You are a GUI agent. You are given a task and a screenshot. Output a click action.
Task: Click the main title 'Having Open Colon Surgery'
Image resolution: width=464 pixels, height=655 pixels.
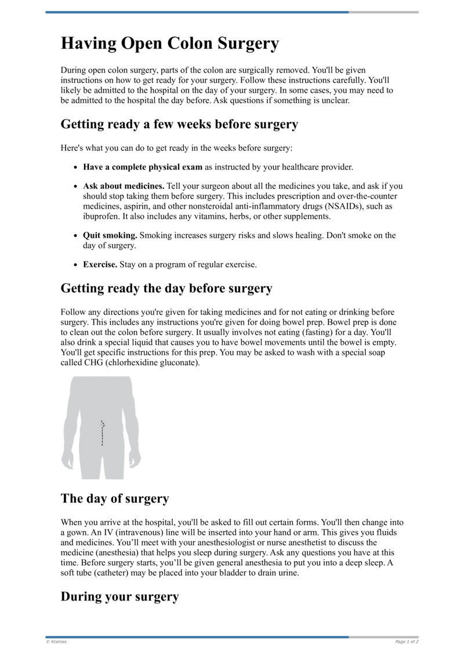pyautogui.click(x=170, y=43)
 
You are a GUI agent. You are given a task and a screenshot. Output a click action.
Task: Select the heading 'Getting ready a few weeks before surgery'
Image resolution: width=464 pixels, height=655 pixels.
pyautogui.click(x=179, y=124)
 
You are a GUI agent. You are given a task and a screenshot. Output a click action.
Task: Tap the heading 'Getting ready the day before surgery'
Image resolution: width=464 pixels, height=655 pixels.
pyautogui.click(x=166, y=288)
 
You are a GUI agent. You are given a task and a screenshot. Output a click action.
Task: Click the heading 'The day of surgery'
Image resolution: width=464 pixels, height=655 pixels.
pyautogui.click(x=115, y=498)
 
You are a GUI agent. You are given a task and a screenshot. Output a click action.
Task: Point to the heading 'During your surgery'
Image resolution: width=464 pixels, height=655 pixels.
pyautogui.click(x=119, y=596)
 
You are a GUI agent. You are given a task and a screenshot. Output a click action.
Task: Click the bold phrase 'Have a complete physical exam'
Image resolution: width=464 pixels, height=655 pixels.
pyautogui.click(x=143, y=167)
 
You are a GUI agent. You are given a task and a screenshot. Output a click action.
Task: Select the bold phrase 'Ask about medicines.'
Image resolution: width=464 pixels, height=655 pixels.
pyautogui.click(x=124, y=187)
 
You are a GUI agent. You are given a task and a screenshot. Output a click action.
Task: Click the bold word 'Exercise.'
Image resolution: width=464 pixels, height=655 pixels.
pyautogui.click(x=100, y=264)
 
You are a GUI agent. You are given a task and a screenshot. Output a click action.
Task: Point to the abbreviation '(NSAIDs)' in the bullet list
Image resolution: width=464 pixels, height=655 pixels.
pyautogui.click(x=344, y=206)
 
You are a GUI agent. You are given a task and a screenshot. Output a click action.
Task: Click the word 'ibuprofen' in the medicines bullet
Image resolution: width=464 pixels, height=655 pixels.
pyautogui.click(x=102, y=216)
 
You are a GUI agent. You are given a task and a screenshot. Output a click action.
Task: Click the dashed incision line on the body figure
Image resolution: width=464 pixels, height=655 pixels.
pyautogui.click(x=102, y=433)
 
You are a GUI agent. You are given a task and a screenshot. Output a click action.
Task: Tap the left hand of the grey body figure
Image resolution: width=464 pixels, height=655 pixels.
pyautogui.click(x=68, y=461)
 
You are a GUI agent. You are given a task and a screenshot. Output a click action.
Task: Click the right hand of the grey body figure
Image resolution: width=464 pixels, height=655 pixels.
pyautogui.click(x=135, y=461)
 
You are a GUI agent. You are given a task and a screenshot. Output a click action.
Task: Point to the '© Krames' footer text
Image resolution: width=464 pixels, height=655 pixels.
pyautogui.click(x=56, y=642)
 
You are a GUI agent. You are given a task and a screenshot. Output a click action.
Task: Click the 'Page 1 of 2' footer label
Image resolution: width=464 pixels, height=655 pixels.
pyautogui.click(x=407, y=642)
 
